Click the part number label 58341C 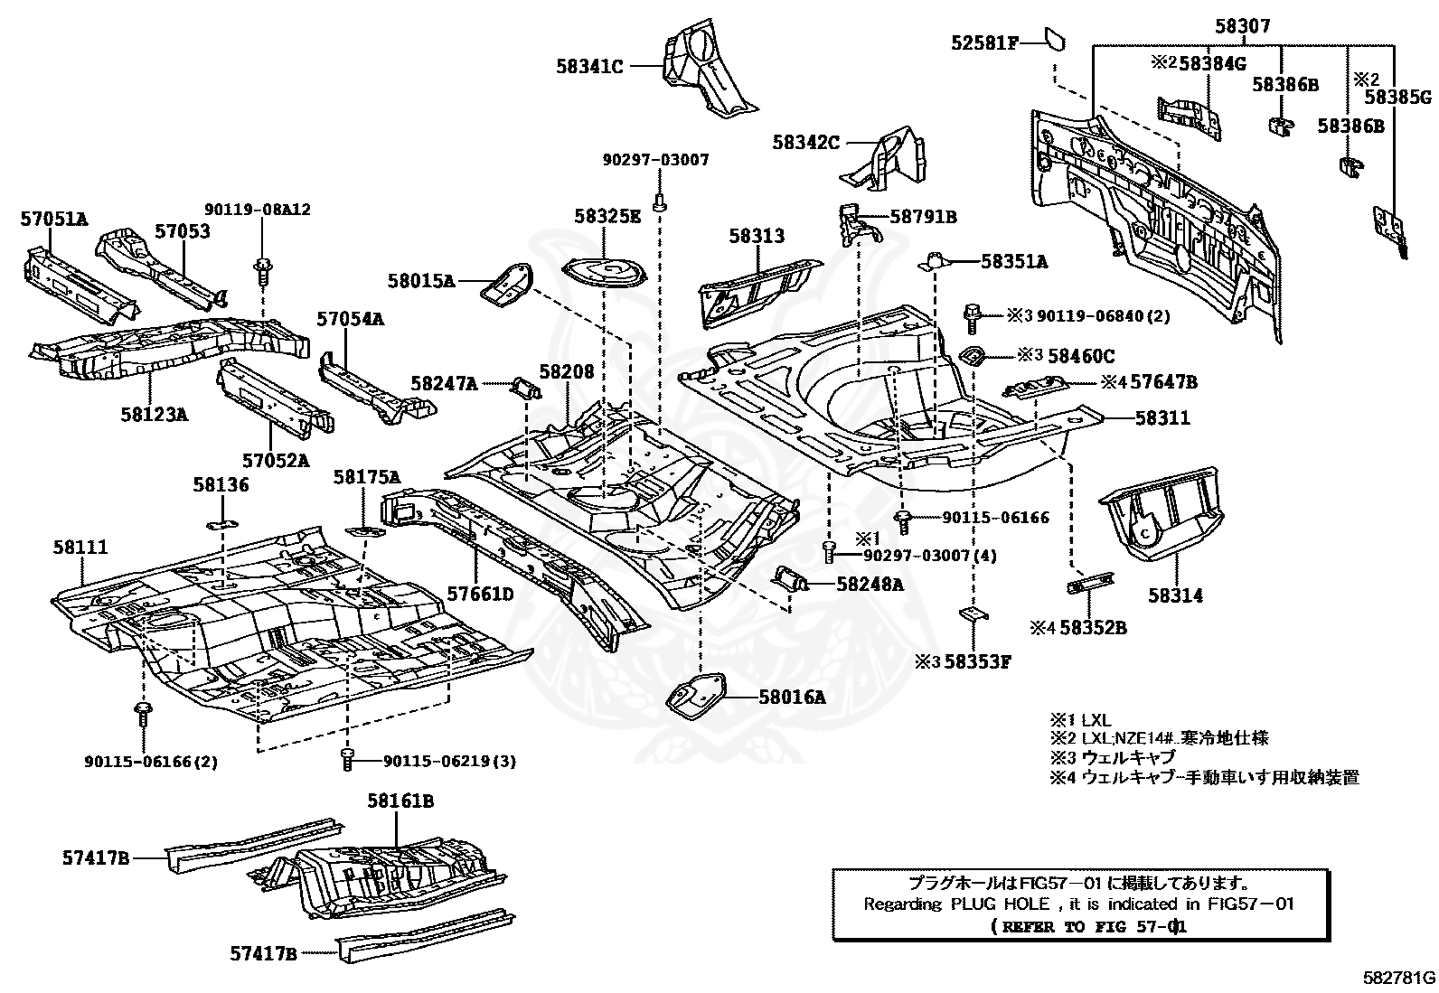590,65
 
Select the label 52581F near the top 984,42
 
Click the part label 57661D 481,594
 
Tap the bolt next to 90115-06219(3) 347,760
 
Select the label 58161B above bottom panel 400,801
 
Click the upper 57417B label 97,857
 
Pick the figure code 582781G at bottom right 1399,977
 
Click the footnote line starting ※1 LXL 1080,720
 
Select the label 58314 1176,595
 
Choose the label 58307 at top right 1242,27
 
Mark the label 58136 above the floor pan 221,485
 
